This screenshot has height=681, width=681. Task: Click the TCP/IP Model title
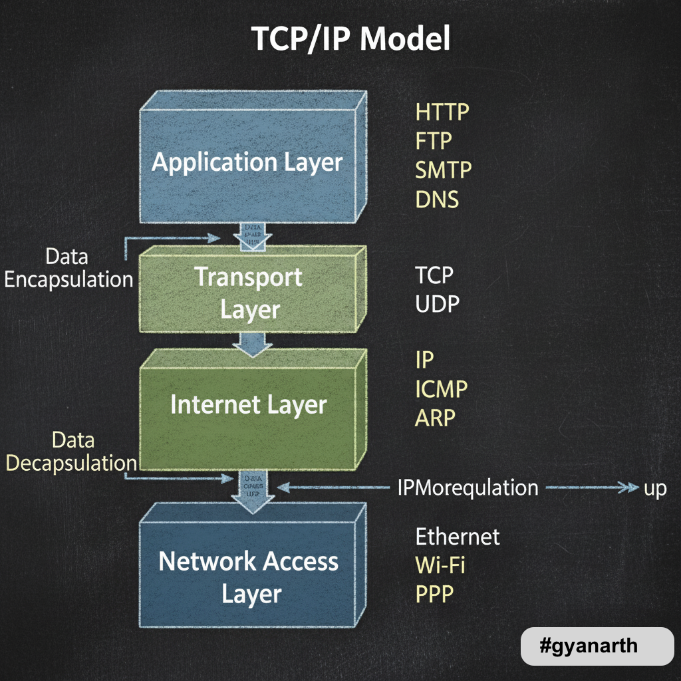click(351, 40)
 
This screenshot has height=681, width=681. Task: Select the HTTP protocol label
click(442, 112)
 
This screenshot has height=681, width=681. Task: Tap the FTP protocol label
click(434, 141)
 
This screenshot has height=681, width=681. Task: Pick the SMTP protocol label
click(444, 170)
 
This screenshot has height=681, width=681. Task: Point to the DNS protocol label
click(437, 199)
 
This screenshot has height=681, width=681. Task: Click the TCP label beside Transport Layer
click(434, 275)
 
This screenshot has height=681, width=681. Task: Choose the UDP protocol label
click(437, 304)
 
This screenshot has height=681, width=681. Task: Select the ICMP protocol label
click(442, 389)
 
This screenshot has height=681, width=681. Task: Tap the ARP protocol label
click(436, 418)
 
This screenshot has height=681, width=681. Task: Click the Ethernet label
click(458, 536)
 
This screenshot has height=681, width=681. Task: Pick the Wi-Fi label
click(440, 565)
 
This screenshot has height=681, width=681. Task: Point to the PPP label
click(434, 594)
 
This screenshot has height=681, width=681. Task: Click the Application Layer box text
click(247, 162)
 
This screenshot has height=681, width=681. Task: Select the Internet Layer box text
click(249, 405)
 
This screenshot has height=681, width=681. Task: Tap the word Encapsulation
click(69, 279)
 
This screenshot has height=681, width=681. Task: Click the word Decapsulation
click(72, 463)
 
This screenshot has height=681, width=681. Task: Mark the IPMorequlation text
click(468, 487)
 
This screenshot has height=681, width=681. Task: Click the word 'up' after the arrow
click(655, 489)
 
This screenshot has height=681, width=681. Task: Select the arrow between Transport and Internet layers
click(252, 343)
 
